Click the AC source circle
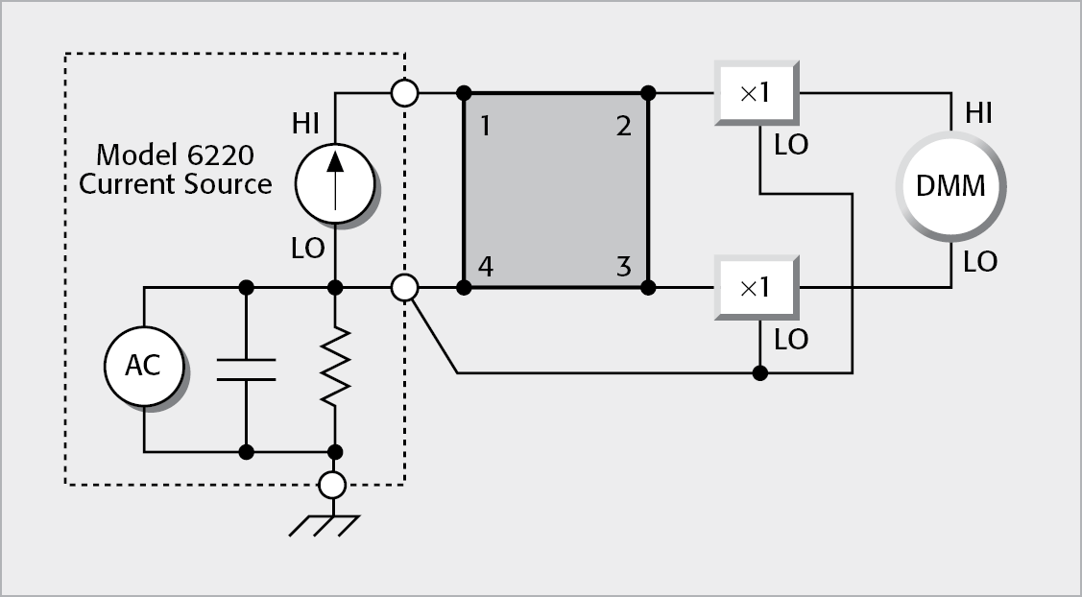[x=143, y=366]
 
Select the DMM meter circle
[x=950, y=185]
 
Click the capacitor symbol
[x=247, y=369]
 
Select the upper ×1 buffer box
[x=757, y=93]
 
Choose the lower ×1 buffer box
[x=757, y=286]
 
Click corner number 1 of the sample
[x=486, y=125]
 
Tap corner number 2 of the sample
[x=624, y=125]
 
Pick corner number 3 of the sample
[x=624, y=266]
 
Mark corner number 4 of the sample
[x=486, y=266]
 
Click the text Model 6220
[x=174, y=155]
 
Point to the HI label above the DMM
[x=979, y=114]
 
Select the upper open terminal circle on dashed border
[x=405, y=93]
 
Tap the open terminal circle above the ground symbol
[x=332, y=485]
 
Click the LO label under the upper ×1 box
[x=791, y=145]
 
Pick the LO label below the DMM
[x=979, y=262]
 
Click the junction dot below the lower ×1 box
[x=759, y=372]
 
